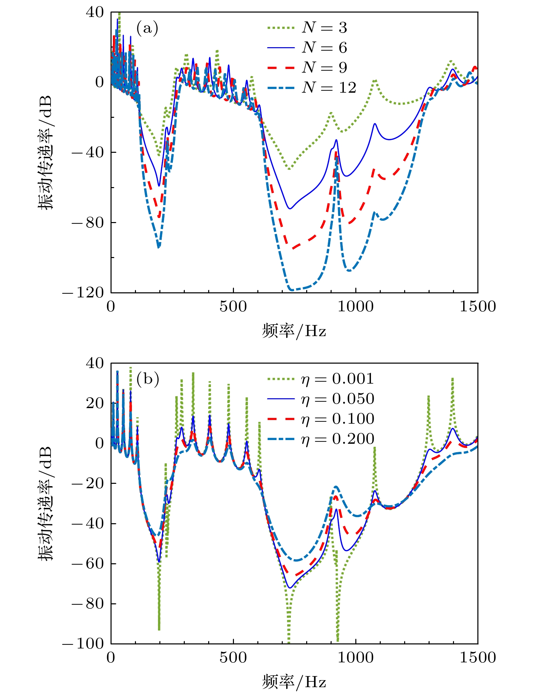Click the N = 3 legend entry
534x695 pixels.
[307, 28]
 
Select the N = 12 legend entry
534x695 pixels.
[312, 88]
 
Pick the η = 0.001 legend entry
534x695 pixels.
[320, 379]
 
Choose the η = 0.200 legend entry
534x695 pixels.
[320, 439]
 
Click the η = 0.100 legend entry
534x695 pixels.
[320, 419]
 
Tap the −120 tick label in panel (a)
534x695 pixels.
[83, 293]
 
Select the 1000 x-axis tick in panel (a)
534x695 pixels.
[356, 307]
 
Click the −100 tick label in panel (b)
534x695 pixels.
[83, 643]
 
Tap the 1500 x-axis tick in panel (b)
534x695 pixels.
[477, 658]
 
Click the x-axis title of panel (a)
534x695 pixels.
[294, 331]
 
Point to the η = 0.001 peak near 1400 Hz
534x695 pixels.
[452, 378]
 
